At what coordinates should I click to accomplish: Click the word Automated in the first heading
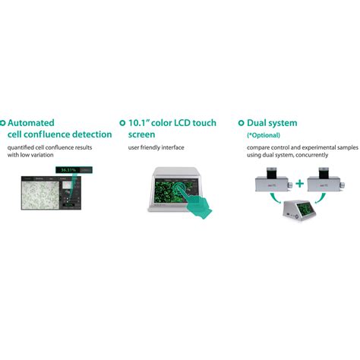click(x=33, y=122)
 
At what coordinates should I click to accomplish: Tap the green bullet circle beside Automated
click(x=3, y=122)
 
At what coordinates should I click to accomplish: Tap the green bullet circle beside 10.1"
click(x=122, y=122)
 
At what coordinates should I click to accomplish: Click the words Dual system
click(x=272, y=122)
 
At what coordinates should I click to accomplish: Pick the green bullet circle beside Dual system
click(x=241, y=122)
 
